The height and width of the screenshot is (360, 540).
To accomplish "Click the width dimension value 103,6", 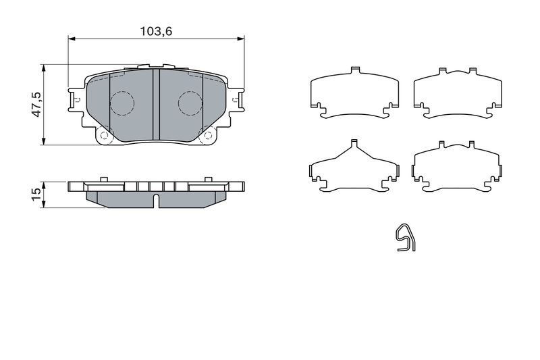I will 155,31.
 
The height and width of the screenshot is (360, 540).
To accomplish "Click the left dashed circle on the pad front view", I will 122,103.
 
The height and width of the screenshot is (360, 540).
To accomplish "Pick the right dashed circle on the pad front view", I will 190,103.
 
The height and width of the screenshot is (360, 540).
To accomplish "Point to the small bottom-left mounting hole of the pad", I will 104,135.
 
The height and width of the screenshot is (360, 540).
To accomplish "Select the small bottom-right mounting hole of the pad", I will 209,135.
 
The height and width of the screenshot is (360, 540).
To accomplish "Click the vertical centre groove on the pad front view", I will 156,101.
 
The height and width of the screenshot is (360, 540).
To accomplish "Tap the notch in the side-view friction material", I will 156,200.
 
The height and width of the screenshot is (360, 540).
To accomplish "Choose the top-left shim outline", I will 353,95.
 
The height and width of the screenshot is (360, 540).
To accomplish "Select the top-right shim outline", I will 458,95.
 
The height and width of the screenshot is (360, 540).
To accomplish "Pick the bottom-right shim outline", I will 458,169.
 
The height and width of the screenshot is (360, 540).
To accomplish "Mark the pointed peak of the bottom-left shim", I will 354,143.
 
